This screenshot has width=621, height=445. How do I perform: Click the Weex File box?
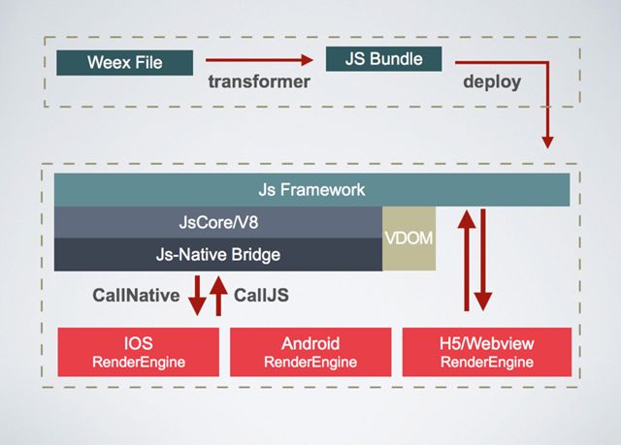(125, 62)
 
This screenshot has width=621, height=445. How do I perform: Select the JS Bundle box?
(384, 59)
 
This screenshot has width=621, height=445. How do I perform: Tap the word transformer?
(259, 81)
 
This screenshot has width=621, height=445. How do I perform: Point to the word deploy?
(492, 82)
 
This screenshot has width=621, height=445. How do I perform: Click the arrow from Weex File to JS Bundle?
(259, 60)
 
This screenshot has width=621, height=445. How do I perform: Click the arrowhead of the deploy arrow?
(547, 143)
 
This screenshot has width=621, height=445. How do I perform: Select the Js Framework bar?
(311, 190)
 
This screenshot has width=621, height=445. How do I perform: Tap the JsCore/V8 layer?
(218, 222)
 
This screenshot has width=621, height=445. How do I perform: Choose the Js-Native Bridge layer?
(218, 255)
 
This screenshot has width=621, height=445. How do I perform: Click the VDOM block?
(409, 238)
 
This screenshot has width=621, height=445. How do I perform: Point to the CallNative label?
(136, 296)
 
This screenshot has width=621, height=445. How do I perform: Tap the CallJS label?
(261, 296)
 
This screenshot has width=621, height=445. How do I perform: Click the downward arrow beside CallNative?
(197, 296)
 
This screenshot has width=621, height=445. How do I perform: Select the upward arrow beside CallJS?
(218, 296)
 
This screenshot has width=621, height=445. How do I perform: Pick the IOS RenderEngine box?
(138, 352)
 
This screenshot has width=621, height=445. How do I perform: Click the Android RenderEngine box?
(310, 352)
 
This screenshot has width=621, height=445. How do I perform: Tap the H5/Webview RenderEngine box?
(487, 352)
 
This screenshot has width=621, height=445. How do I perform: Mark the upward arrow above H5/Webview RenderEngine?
(467, 260)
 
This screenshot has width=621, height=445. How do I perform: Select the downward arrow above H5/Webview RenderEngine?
(483, 260)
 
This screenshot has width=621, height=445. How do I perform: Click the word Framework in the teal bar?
(322, 190)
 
